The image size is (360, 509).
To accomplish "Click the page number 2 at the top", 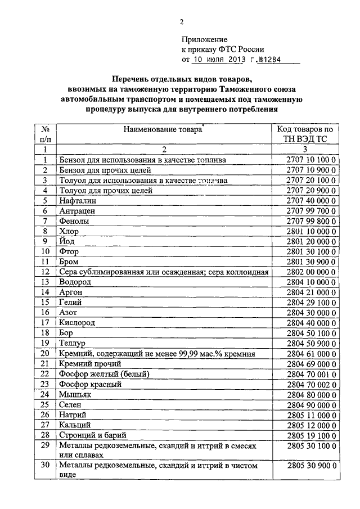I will coord(182,22).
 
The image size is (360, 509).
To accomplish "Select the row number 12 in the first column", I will coord(46,272).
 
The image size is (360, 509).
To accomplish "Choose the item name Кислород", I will coord(77,323).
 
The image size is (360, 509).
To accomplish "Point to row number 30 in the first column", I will coord(46,466).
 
